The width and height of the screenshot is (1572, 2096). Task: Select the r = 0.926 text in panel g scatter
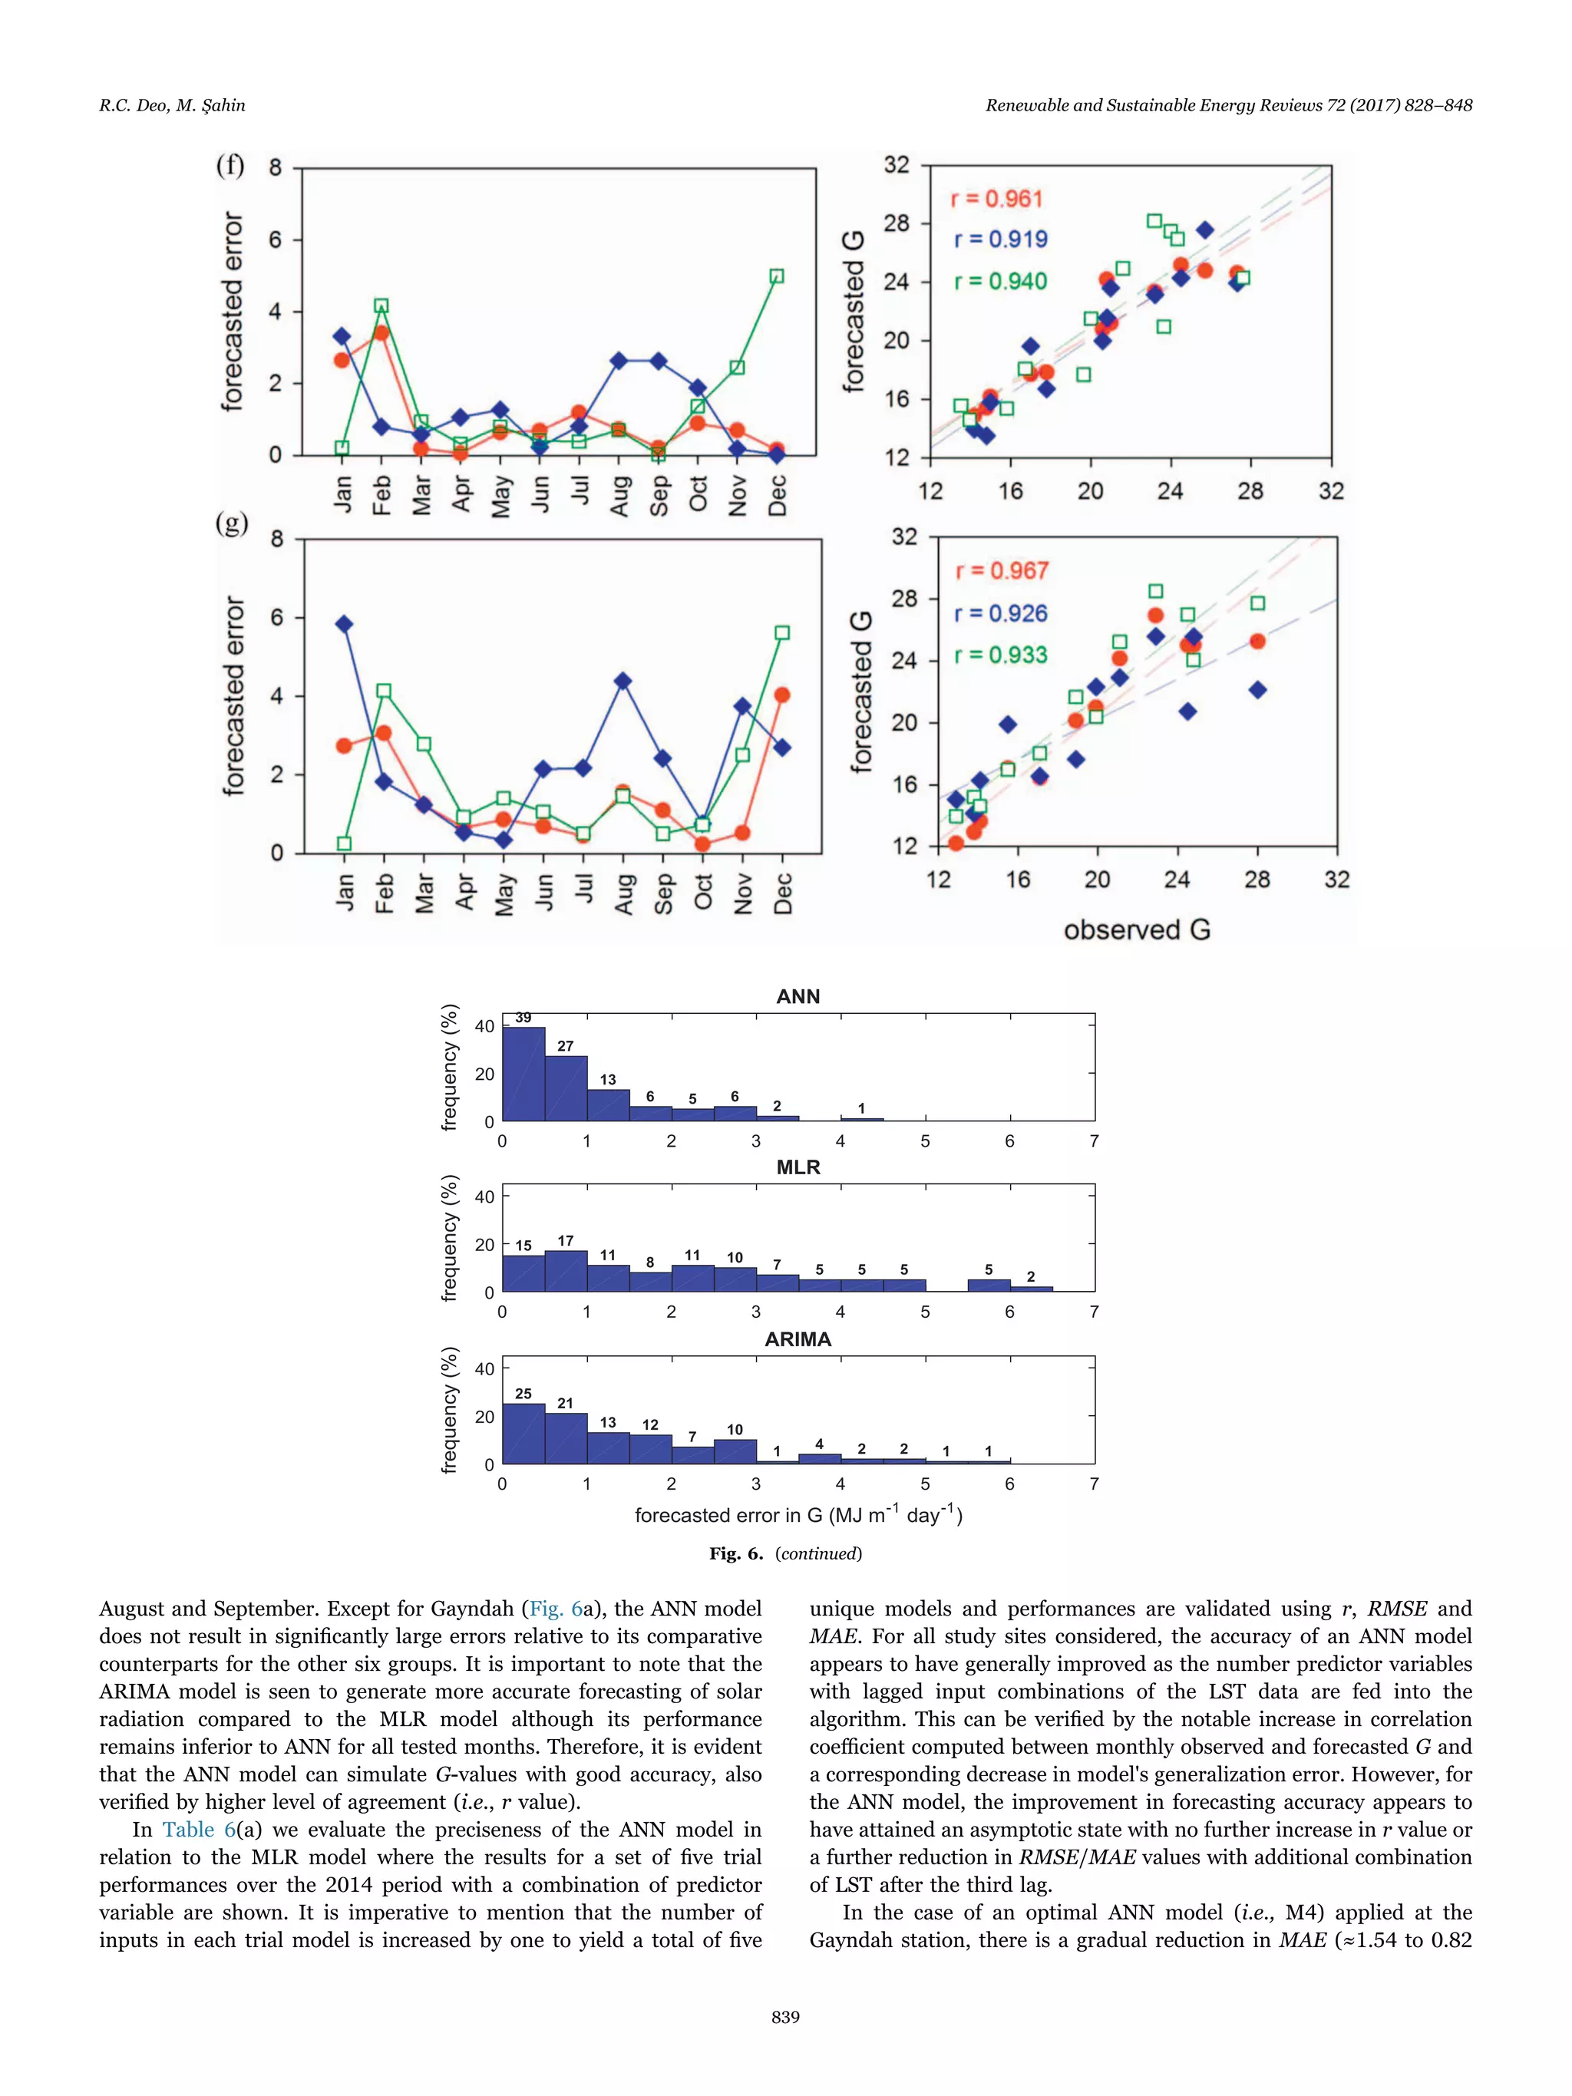coord(1001,613)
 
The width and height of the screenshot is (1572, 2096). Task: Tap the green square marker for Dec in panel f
coord(777,276)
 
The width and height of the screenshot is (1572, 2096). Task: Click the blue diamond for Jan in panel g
coord(344,623)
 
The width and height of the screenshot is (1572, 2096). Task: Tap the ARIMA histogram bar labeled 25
coord(523,1434)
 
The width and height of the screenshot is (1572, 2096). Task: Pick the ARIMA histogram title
coord(798,1339)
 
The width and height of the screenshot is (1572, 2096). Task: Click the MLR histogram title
coord(798,1167)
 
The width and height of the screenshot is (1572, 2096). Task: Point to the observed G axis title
coord(1137,929)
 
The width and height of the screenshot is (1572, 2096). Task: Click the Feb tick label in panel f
coord(381,494)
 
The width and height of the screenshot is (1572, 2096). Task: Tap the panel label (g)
coord(231,523)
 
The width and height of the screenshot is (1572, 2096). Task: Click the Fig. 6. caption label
coord(735,1553)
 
